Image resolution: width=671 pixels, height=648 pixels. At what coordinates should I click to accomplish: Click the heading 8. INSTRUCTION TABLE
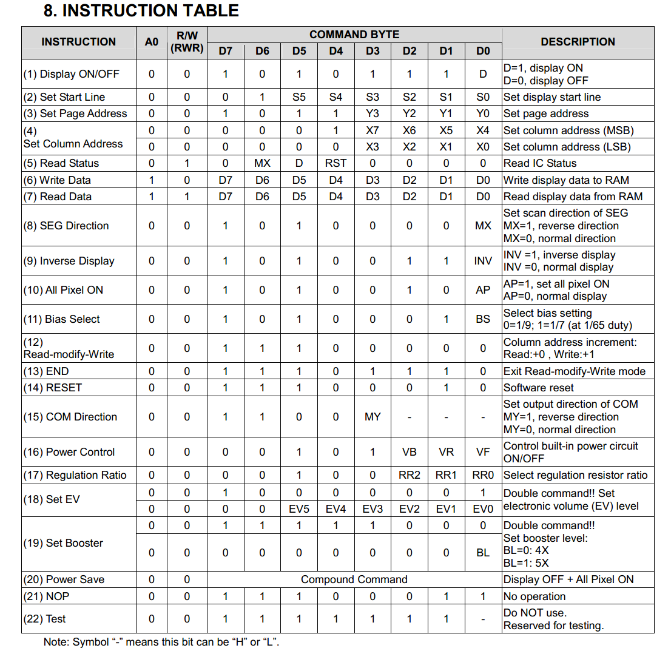pos(141,11)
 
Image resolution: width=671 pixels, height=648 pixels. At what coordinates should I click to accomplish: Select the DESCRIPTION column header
pos(578,42)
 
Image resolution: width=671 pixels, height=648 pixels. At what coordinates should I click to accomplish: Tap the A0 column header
pos(152,42)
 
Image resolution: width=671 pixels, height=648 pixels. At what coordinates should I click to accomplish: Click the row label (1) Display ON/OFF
pos(72,74)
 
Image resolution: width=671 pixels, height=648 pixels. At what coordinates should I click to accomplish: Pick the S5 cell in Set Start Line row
pos(299,97)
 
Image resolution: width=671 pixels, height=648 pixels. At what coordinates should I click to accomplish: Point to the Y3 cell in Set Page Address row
pos(373,113)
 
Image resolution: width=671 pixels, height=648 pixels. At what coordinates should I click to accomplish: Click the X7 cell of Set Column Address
pos(373,130)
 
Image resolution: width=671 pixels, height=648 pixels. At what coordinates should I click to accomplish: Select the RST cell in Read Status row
pos(335,163)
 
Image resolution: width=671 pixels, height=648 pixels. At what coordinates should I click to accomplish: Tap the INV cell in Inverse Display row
pos(483,261)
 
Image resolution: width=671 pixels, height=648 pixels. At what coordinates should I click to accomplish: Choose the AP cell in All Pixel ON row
pos(483,290)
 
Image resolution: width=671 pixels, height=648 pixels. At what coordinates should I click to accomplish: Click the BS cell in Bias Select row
pos(483,319)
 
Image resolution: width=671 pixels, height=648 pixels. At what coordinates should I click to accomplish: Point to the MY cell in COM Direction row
pos(373,417)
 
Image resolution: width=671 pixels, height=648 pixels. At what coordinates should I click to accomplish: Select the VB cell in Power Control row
pos(410,452)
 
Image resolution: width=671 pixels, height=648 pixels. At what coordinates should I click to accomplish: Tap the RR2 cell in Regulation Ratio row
pos(410,475)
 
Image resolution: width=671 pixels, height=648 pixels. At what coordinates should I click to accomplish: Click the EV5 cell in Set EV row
pos(299,509)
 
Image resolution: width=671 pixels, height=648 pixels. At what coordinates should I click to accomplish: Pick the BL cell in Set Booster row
pos(483,553)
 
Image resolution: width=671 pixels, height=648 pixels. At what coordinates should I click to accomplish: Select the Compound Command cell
pos(354,579)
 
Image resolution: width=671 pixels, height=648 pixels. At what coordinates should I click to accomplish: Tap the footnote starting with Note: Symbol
pos(161,641)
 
